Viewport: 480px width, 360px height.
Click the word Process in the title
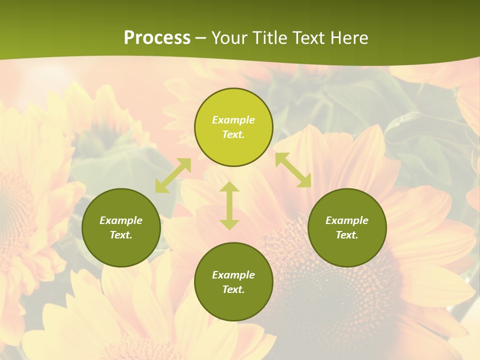(x=157, y=38)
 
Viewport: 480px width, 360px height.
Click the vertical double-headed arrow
(x=229, y=205)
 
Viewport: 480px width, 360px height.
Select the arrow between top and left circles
(x=173, y=175)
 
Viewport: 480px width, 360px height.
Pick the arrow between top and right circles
(x=293, y=170)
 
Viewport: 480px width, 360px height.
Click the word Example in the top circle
(x=233, y=120)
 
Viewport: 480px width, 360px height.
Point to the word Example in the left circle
(x=121, y=220)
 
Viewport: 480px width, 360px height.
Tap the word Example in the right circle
(x=347, y=220)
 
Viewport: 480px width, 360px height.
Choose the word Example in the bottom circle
(x=233, y=275)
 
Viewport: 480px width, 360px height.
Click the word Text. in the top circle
(x=233, y=134)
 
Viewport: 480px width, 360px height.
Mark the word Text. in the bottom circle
(x=233, y=289)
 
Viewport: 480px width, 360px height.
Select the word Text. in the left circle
(x=121, y=235)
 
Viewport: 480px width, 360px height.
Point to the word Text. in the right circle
(x=347, y=235)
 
